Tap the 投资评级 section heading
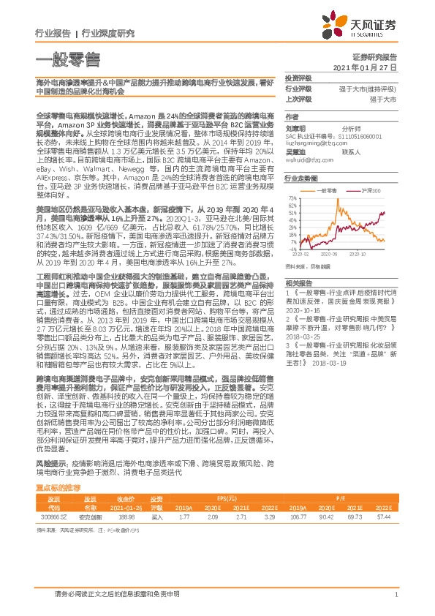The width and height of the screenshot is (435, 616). tap(298, 78)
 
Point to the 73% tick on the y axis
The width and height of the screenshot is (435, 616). tap(292, 198)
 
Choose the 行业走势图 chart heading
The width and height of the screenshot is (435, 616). tap(301, 179)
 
